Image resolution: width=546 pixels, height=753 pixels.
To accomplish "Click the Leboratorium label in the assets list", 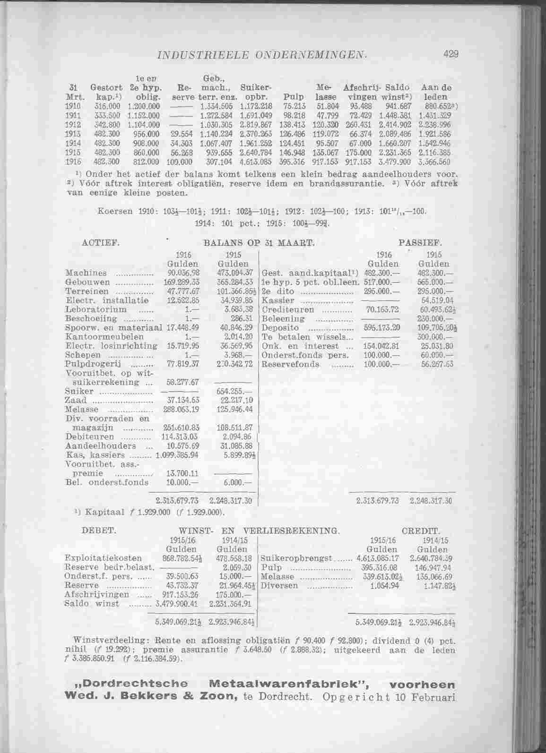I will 95,309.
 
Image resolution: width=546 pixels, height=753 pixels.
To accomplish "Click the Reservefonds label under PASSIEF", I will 290,364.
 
